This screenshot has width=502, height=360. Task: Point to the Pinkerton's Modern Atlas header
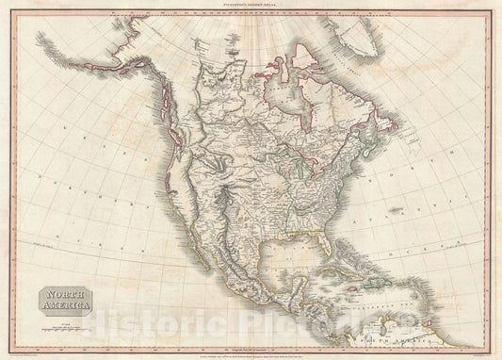tap(250, 8)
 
